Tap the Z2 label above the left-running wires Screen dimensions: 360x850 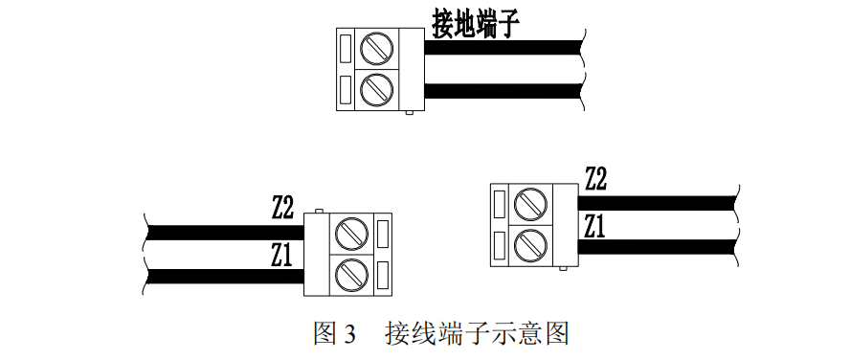[x=282, y=206]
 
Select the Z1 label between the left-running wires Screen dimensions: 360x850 [x=281, y=255]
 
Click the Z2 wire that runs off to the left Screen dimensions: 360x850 [x=220, y=233]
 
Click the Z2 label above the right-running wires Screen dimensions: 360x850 [x=595, y=178]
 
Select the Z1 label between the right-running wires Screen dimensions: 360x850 [x=594, y=226]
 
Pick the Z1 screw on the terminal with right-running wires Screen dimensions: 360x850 [x=528, y=244]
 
